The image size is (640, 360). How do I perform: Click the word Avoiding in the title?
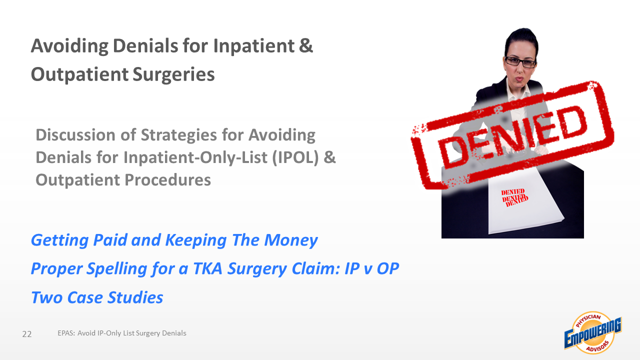pos(69,45)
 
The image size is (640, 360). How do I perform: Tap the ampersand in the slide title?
pos(306,45)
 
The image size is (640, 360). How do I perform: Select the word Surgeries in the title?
pos(173,75)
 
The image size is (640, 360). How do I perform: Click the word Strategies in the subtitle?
pos(178,135)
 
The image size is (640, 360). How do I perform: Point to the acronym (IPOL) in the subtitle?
pos(295,157)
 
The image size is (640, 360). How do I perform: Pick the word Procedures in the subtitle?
pos(167,179)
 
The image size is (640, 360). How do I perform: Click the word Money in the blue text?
pos(291,240)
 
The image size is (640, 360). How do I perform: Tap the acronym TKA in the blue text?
pos(207,268)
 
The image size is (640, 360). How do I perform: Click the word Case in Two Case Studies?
pos(85,297)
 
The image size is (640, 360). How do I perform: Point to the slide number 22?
pos(27,334)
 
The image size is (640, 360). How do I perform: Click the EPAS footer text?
pos(122,333)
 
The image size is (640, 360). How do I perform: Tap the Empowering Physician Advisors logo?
pos(593,333)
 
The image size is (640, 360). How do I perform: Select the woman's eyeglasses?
pos(520,62)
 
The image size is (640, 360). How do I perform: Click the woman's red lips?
pos(519,78)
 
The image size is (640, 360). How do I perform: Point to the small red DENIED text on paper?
pos(514,197)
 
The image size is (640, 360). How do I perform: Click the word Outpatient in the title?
pos(79,75)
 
